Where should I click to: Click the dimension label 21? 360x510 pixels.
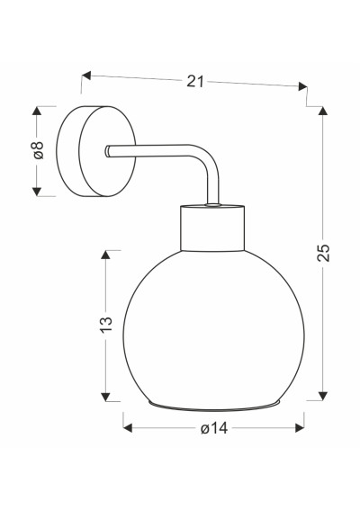[195, 81]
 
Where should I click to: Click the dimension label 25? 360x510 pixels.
[323, 253]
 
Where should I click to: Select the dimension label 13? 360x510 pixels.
[106, 324]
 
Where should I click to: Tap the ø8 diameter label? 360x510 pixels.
[38, 150]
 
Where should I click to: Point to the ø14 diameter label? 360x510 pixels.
[214, 429]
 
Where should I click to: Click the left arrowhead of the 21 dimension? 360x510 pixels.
[85, 76]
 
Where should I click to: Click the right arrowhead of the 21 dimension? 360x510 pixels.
[303, 86]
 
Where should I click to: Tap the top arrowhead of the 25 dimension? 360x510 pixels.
[322, 111]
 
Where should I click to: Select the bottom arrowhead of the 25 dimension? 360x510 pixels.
[322, 396]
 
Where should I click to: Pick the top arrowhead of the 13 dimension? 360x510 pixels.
[105, 255]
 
